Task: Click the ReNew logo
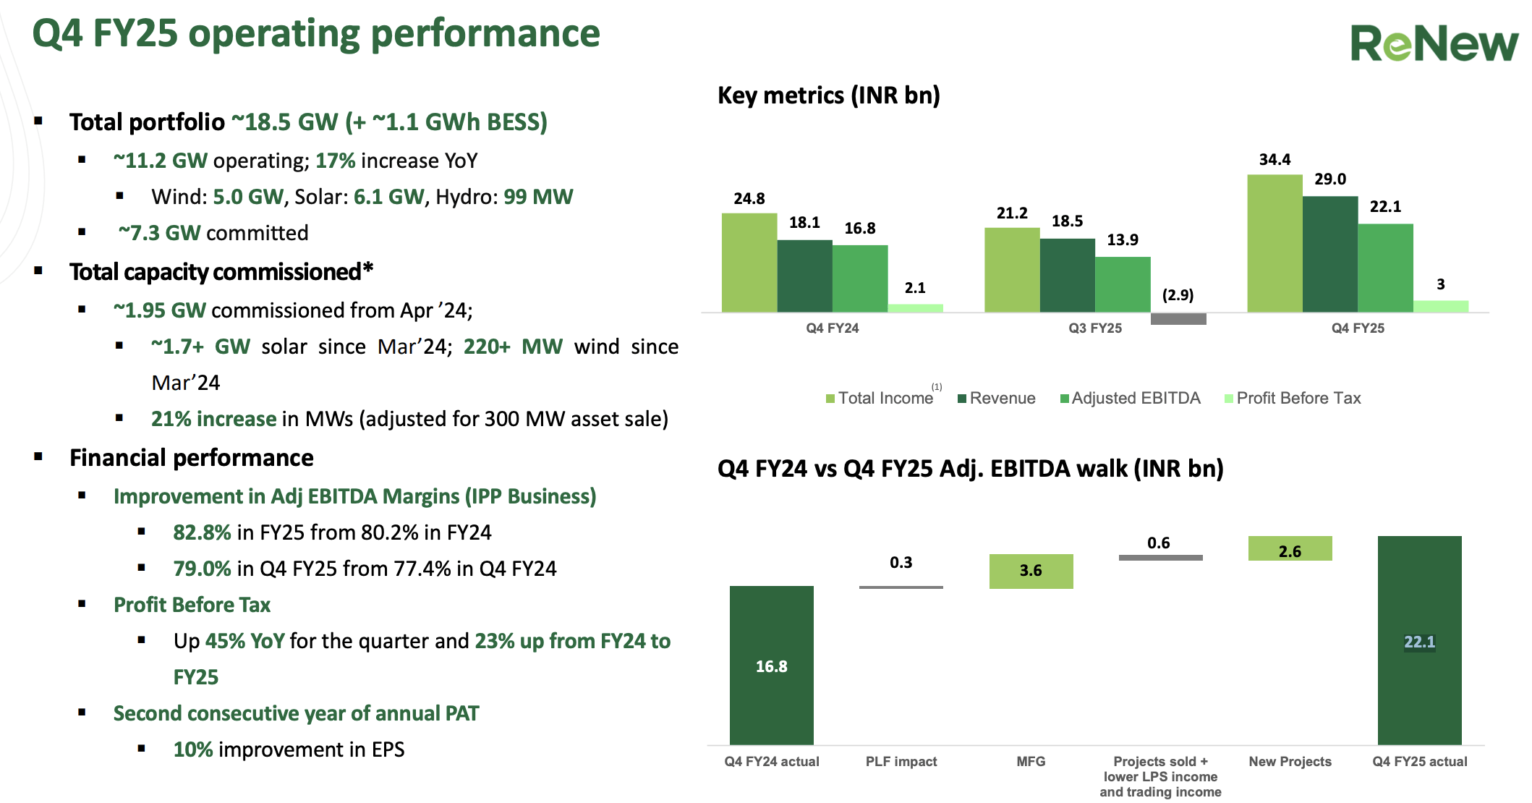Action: pyautogui.click(x=1434, y=43)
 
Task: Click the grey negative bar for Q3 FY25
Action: pyautogui.click(x=1178, y=319)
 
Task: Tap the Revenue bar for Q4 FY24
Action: pyautogui.click(x=804, y=276)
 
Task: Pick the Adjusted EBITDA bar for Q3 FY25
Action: pyautogui.click(x=1123, y=284)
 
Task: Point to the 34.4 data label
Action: pyautogui.click(x=1274, y=160)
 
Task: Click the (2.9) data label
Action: pyautogui.click(x=1178, y=295)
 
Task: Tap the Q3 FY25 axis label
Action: pyautogui.click(x=1095, y=328)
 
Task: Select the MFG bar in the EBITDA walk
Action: pyautogui.click(x=1031, y=571)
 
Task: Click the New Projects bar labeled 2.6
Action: pyautogui.click(x=1290, y=548)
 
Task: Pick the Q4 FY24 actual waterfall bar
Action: pyautogui.click(x=771, y=665)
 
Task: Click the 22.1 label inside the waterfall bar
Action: pyautogui.click(x=1419, y=642)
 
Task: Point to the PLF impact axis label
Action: pyautogui.click(x=901, y=762)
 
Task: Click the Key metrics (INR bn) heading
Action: pyautogui.click(x=828, y=95)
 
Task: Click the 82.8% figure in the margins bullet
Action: pyautogui.click(x=202, y=532)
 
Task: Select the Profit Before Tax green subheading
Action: pyautogui.click(x=192, y=605)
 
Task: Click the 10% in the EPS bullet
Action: pyautogui.click(x=193, y=749)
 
